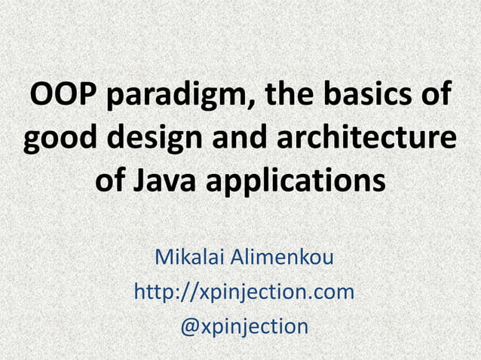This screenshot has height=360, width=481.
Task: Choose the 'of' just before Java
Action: (x=112, y=182)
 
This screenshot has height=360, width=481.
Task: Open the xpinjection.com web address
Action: (x=244, y=292)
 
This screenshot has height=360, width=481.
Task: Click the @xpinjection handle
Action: (x=244, y=326)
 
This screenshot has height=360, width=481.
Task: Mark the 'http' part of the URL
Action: (x=153, y=292)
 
